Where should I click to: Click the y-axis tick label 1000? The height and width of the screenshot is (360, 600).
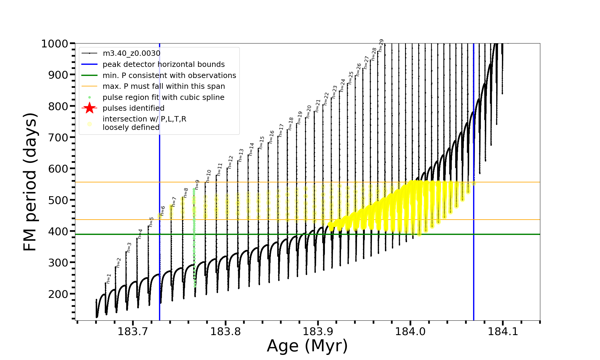click(55, 44)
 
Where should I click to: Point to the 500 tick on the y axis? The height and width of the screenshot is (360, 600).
click(58, 200)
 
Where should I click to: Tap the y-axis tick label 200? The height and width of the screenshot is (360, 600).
click(58, 294)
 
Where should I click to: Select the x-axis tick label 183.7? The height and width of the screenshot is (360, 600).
click(133, 331)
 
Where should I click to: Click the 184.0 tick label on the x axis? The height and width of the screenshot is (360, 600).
click(410, 331)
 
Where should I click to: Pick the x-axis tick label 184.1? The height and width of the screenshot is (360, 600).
click(503, 331)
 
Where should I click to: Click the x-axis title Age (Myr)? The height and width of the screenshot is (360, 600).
click(307, 346)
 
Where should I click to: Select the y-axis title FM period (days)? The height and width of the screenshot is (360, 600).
click(30, 182)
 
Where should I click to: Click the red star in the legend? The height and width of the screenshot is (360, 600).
click(89, 108)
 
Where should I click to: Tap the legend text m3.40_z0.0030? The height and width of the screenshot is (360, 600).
click(131, 53)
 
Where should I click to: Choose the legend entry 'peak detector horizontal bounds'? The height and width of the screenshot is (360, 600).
click(163, 64)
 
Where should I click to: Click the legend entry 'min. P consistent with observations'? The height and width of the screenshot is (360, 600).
click(169, 75)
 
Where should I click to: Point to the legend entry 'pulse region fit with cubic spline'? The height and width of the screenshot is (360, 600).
click(163, 97)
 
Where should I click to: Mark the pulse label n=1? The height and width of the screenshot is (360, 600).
click(109, 278)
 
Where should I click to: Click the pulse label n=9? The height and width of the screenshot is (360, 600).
click(197, 184)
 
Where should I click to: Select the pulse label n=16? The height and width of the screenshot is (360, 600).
click(271, 137)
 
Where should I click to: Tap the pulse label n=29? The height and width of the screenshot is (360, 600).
click(381, 46)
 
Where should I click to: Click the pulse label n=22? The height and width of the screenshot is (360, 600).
click(326, 99)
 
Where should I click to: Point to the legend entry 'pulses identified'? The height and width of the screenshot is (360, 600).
click(133, 108)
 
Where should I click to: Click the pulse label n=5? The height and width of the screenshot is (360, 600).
click(151, 222)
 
